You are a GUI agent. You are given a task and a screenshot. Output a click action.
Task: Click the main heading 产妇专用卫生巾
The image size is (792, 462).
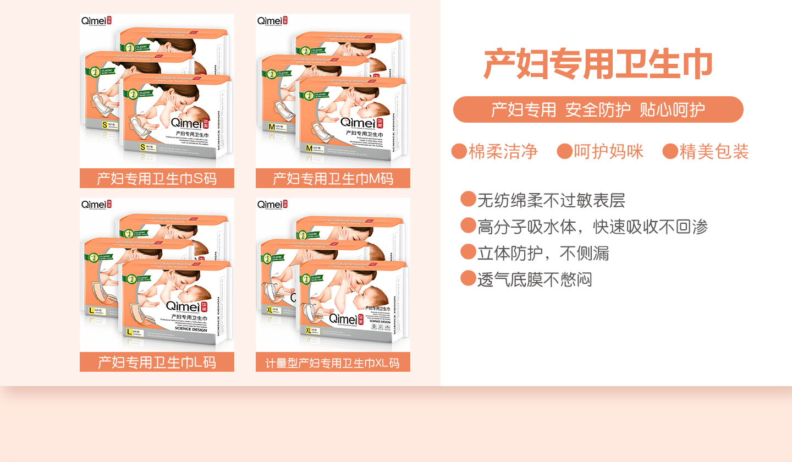tap(598, 65)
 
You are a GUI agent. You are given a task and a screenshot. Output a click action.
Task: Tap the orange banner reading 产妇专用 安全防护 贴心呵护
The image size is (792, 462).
tap(598, 109)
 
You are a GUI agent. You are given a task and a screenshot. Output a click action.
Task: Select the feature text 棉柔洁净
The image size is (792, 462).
tap(503, 151)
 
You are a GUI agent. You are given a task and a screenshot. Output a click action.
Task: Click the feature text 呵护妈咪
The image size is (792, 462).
tap(608, 151)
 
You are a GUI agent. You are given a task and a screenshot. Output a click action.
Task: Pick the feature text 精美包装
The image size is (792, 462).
tap(714, 151)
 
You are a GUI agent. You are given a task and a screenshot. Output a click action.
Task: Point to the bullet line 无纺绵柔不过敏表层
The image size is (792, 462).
tap(551, 200)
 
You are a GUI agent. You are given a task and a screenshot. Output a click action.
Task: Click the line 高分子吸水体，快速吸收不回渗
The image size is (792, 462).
tap(592, 226)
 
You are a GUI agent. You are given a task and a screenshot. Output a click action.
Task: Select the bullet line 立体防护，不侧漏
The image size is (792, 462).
tap(542, 252)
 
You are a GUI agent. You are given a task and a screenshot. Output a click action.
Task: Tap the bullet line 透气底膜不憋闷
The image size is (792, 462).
tap(534, 279)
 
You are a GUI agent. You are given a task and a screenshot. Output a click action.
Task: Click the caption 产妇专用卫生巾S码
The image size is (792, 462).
tap(157, 179)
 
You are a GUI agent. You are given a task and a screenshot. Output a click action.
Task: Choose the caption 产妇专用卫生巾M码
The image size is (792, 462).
tap(333, 179)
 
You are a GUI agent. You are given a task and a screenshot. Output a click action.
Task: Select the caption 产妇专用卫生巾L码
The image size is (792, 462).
tap(157, 362)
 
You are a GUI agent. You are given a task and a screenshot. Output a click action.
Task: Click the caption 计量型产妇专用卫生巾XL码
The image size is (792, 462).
tap(333, 363)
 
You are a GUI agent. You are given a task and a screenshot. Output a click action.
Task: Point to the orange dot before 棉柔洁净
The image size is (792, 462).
tap(459, 151)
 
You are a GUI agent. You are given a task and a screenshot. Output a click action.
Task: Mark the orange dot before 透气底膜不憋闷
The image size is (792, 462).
tap(468, 279)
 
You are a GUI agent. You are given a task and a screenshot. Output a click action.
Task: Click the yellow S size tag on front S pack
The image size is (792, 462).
tap(144, 147)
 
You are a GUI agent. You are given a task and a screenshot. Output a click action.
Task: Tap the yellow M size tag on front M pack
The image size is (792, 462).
tap(310, 148)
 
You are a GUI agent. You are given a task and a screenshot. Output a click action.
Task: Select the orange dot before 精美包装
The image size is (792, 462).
tap(670, 151)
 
